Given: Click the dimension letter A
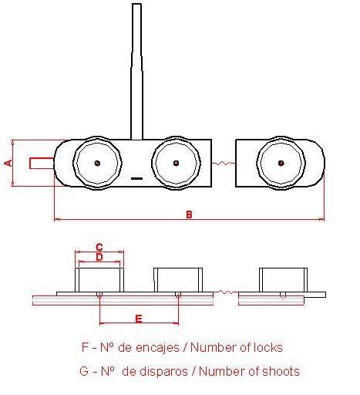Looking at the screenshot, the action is tap(9, 163).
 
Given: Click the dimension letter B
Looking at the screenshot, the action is tap(189, 214).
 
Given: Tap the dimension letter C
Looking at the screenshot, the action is tap(99, 248).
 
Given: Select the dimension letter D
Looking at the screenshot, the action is tap(99, 257).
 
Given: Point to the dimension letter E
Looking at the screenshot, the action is tap(139, 319).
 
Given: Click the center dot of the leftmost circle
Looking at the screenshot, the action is tap(97, 163).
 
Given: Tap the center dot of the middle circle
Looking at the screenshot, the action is tap(176, 163).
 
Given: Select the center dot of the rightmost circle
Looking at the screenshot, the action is tap(281, 163).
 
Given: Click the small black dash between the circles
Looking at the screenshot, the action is tap(136, 178).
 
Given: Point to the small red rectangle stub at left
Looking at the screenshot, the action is tap(42, 163).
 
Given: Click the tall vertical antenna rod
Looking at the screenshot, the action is tap(136, 72).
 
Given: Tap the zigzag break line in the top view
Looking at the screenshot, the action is tap(224, 163).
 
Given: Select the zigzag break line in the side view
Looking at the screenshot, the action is tap(226, 292).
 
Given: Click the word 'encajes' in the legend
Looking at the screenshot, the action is tap(157, 348).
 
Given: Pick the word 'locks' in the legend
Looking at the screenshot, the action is tap(268, 347).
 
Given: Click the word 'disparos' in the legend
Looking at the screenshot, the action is tap(155, 372).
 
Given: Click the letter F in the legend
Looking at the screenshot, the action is tap(85, 347).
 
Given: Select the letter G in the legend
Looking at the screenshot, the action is tap(84, 371).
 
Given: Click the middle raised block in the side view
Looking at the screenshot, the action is tap(178, 280).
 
